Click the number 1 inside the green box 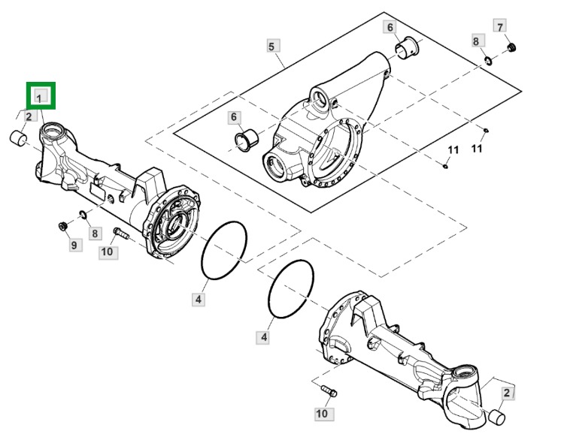tap(39, 98)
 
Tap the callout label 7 tap(499, 26)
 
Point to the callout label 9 tap(74, 245)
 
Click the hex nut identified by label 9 tap(63, 227)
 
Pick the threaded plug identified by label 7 tap(512, 47)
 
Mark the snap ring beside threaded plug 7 tap(488, 61)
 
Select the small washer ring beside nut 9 tap(83, 215)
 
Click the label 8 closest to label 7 tap(477, 41)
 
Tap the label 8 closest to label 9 tap(95, 234)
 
